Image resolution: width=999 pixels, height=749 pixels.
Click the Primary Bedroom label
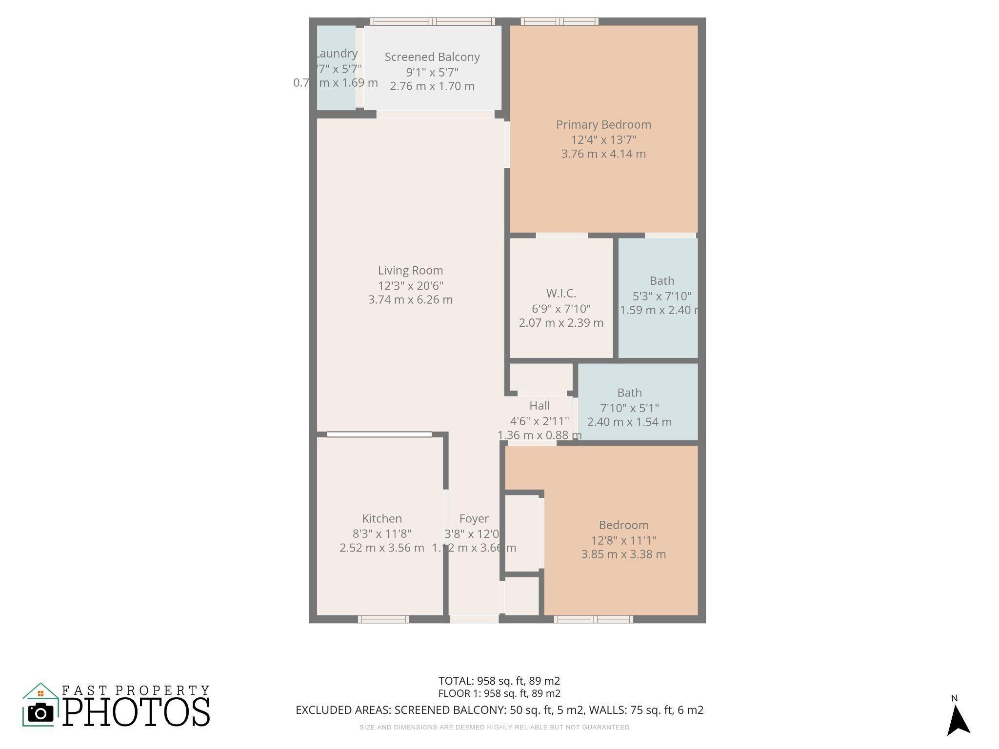click(603, 125)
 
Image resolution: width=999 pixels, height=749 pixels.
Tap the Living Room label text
click(410, 271)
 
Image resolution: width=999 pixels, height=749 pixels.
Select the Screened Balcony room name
click(432, 57)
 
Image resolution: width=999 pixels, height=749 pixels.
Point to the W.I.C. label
click(561, 294)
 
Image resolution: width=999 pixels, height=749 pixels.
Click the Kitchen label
click(382, 519)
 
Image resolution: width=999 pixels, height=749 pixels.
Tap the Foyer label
click(474, 519)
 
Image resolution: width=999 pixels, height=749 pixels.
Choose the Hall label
click(539, 406)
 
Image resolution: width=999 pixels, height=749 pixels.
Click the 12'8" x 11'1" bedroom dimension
click(623, 540)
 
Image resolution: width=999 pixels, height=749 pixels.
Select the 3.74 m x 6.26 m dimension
click(410, 300)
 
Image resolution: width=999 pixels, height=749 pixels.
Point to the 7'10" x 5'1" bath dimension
click(629, 408)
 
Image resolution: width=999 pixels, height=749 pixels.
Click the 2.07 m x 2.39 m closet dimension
click(561, 323)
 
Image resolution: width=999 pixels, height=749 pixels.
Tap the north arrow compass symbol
click(958, 719)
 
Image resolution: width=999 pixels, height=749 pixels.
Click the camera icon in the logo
click(40, 713)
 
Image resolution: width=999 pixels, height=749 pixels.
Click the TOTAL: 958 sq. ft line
click(499, 681)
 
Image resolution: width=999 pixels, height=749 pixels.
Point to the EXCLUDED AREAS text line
click(499, 710)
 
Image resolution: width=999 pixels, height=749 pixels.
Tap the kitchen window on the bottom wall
click(383, 619)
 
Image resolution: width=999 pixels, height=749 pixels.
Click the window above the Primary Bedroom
click(559, 21)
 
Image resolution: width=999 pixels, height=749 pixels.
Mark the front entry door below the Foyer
click(474, 619)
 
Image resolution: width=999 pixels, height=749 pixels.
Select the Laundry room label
click(337, 54)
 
